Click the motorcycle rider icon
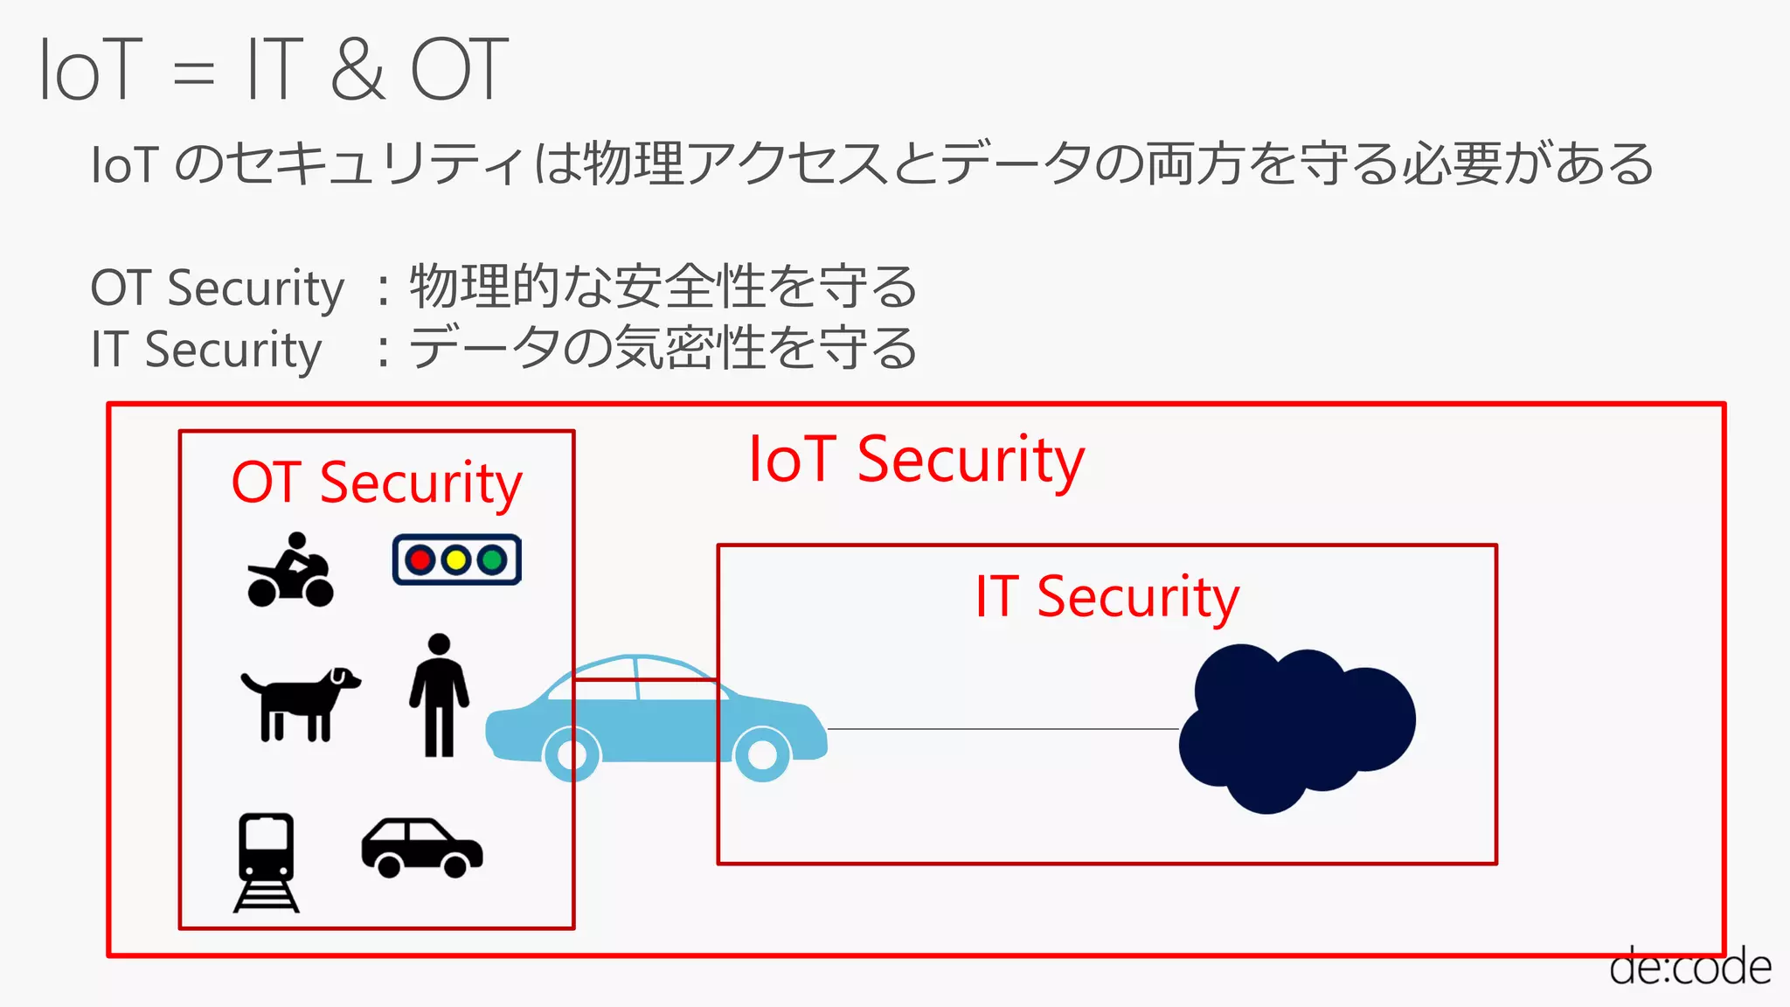coord(290,570)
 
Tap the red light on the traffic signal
coord(420,559)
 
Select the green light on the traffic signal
coord(493,559)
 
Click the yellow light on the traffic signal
coord(456,559)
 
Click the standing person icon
coord(439,695)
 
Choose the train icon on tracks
coord(267,861)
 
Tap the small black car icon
coord(422,847)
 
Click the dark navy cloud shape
coord(1295,727)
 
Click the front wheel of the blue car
coord(762,754)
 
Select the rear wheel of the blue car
coord(572,754)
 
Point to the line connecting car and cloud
coord(1003,728)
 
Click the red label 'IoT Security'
coord(916,460)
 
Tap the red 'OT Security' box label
coord(377,483)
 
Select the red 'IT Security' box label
coord(1107,597)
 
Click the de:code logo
coord(1689,967)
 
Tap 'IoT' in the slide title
coord(90,69)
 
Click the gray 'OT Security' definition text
coord(218,288)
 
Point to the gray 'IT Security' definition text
coord(206,350)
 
